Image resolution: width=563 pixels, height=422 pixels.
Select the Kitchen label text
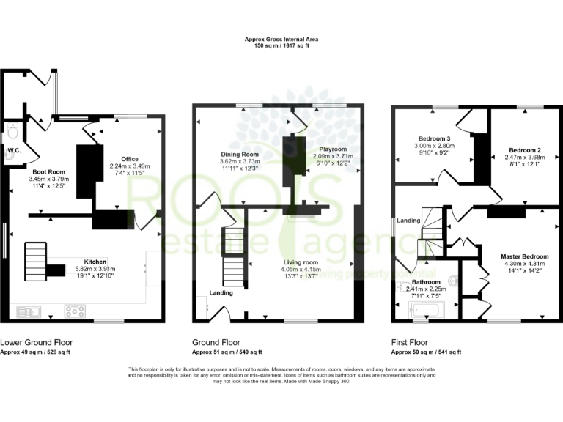(95, 262)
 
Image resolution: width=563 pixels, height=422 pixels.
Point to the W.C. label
(12, 151)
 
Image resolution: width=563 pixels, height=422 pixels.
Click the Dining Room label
(241, 155)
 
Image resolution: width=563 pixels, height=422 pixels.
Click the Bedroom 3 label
(434, 138)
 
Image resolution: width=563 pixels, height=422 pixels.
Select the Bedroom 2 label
(523, 150)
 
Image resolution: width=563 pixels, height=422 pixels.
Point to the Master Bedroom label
(525, 256)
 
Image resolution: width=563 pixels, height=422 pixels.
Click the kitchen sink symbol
(27, 312)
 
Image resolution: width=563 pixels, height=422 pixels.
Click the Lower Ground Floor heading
(36, 342)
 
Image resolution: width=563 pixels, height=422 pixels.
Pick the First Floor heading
(413, 342)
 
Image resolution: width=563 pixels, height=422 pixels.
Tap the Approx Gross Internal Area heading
(281, 40)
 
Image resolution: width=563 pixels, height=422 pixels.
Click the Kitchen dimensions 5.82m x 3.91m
(95, 269)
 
